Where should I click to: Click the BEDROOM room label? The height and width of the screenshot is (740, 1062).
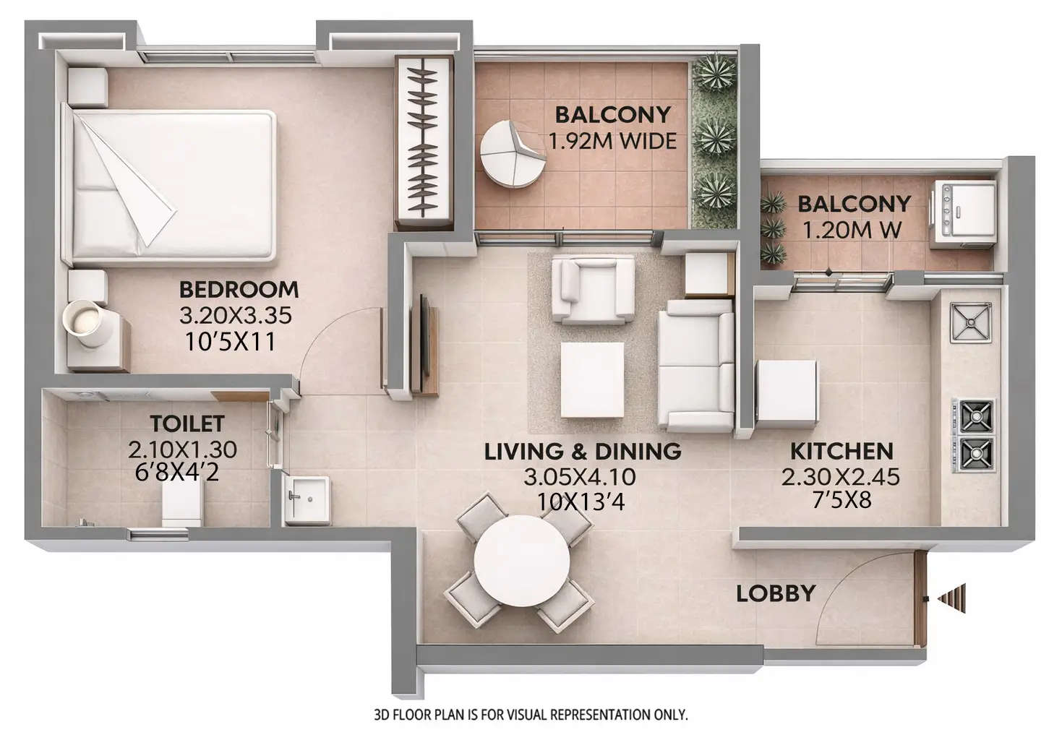coord(238,289)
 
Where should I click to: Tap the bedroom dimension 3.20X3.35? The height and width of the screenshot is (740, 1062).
coord(235,315)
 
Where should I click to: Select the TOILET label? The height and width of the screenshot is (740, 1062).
coord(187,423)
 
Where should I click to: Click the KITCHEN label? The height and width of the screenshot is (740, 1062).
coord(842,452)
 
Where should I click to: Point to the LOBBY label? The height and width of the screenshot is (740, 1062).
coord(776,594)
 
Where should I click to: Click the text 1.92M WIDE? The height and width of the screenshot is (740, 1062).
coord(612,141)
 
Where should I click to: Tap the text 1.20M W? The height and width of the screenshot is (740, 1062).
coord(852,230)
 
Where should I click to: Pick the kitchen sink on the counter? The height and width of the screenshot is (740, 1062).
coord(971,321)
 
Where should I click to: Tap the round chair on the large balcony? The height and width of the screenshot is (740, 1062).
coord(511,153)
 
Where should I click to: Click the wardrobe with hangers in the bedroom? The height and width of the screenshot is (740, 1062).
coord(423,140)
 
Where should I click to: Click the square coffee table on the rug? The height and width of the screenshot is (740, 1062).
coord(593,379)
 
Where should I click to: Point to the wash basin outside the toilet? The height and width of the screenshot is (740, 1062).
coord(307,498)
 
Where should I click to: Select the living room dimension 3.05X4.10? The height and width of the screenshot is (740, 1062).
coord(580,477)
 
